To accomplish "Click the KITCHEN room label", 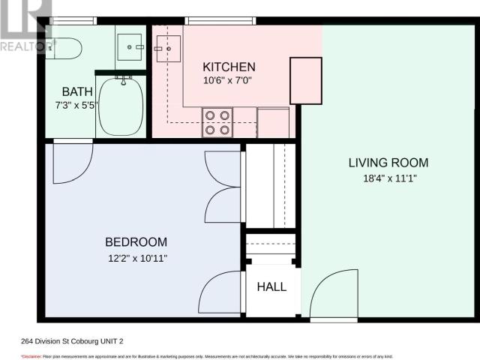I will tap(229, 67).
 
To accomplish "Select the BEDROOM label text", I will tap(136, 242).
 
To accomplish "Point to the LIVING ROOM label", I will tap(388, 163).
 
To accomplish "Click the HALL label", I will tap(271, 286).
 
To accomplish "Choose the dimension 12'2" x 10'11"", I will tap(136, 258).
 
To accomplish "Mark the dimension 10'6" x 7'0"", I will tap(229, 81).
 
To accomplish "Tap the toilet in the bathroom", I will tap(64, 48).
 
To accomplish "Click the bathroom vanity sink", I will tap(134, 46).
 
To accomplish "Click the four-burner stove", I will tap(217, 122).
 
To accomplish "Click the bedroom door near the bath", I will tap(72, 160).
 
